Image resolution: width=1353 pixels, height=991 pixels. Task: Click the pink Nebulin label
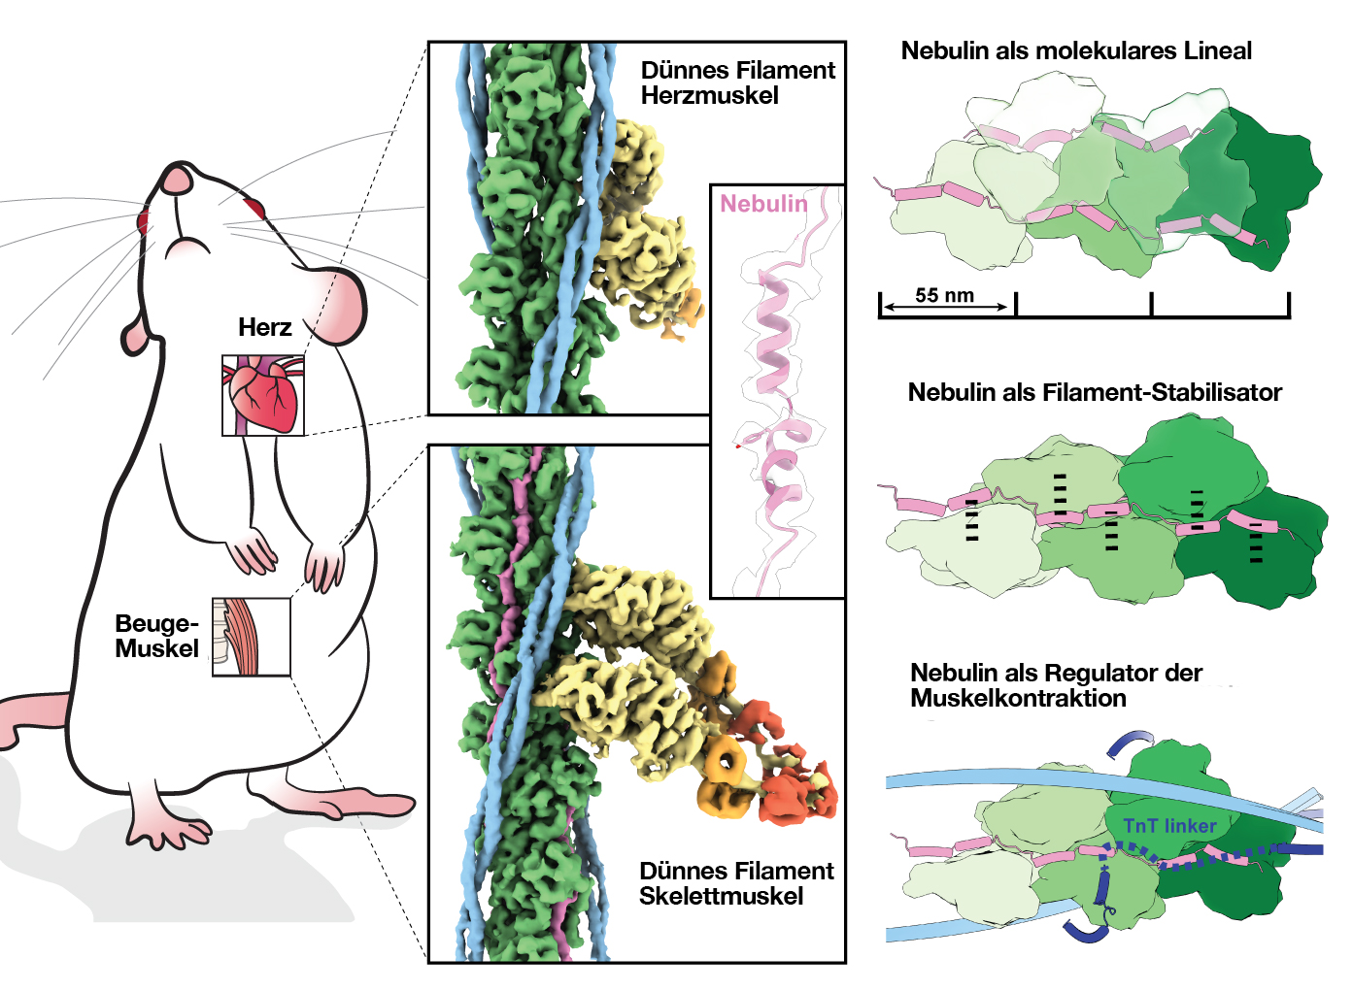click(x=763, y=203)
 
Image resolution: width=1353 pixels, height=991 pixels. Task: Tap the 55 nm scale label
click(x=944, y=295)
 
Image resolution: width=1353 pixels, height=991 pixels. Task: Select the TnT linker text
click(x=1169, y=826)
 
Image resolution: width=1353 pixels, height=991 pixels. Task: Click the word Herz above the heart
click(x=265, y=327)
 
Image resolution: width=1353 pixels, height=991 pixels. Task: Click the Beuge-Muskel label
click(x=156, y=636)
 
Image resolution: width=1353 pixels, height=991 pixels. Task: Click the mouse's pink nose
click(x=177, y=180)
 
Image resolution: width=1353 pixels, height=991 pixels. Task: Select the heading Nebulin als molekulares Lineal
click(x=1076, y=50)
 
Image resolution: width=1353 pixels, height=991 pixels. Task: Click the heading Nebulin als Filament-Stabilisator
click(x=1095, y=392)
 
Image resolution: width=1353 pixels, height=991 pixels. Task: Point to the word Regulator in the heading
click(x=1099, y=673)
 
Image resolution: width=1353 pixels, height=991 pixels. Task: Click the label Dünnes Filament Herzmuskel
click(x=737, y=83)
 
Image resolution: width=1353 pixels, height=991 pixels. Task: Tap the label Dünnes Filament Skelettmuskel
click(x=735, y=883)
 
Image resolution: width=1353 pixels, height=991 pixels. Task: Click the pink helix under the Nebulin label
click(x=773, y=330)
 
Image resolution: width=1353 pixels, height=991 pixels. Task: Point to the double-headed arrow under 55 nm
click(x=946, y=308)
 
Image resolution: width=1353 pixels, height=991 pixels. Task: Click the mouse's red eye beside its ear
click(x=254, y=207)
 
